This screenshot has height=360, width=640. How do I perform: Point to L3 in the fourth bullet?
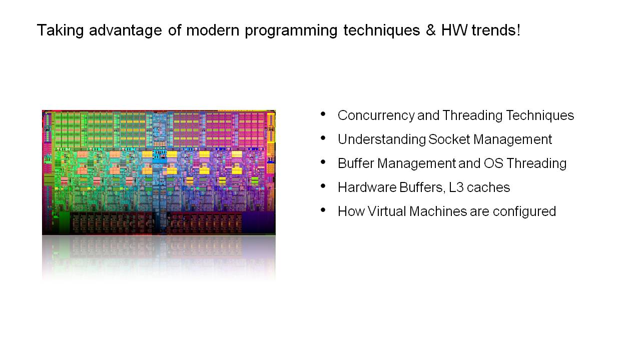[x=458, y=187]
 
